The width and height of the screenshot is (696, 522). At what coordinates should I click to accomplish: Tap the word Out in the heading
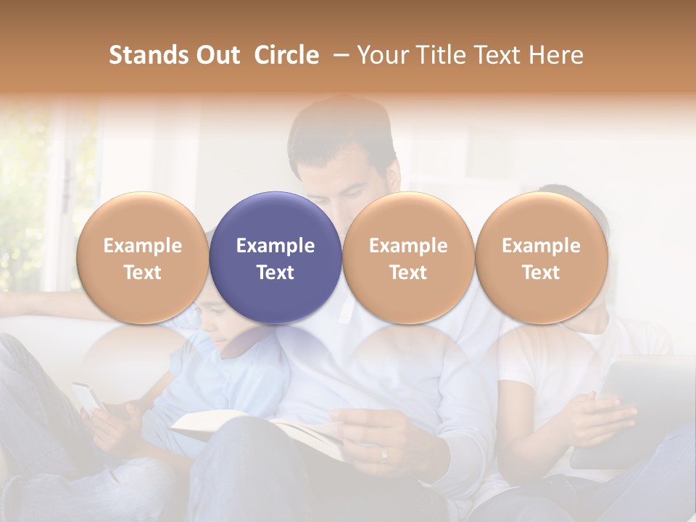tap(217, 55)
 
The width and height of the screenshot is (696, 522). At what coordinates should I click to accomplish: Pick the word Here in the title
tap(555, 55)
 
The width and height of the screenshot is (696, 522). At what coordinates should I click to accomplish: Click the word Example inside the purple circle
tap(275, 246)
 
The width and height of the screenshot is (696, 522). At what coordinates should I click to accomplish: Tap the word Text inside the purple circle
tap(275, 273)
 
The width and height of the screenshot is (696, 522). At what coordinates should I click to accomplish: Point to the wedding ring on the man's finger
tap(384, 455)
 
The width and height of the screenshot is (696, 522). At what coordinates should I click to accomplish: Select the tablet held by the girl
tap(631, 406)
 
